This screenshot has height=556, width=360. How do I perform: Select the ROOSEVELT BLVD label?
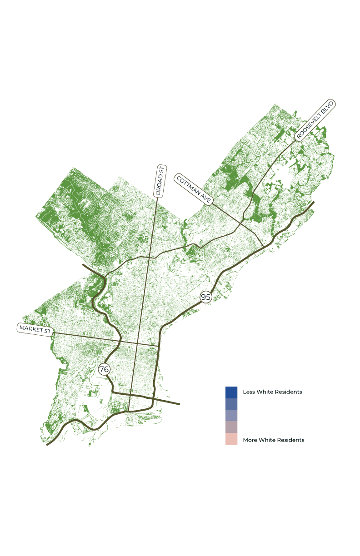point(315,120)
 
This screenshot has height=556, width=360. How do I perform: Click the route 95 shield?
point(206,297)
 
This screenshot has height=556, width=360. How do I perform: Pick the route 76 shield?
point(104,369)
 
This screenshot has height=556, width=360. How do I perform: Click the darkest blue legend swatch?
point(231,392)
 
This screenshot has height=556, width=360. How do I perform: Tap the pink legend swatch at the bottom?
point(231,439)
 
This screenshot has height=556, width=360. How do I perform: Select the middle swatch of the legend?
point(231,415)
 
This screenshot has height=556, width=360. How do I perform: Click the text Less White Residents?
point(272,392)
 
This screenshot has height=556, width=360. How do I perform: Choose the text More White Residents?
point(274,440)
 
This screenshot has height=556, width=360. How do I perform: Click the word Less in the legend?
point(249,392)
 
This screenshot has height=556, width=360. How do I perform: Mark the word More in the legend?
point(250,440)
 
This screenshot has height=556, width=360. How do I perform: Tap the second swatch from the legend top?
point(231,404)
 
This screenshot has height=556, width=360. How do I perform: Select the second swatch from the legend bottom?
point(231,427)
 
